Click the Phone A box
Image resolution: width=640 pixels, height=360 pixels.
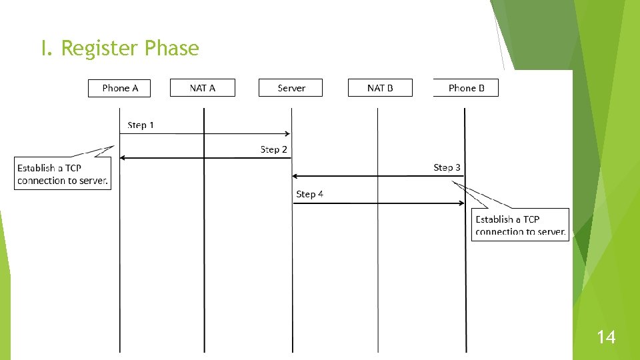(120, 88)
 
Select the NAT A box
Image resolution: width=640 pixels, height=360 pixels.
(203, 88)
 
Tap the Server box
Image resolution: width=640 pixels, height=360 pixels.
(291, 88)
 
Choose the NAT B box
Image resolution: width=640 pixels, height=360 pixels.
(380, 88)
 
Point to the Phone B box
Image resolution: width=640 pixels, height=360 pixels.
(466, 88)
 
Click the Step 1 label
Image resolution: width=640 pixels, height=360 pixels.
(141, 125)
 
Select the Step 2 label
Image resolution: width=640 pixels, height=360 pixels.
(273, 149)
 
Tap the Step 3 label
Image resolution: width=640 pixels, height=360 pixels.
(447, 167)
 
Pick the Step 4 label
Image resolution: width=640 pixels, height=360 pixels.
(309, 194)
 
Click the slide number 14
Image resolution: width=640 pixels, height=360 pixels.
(606, 338)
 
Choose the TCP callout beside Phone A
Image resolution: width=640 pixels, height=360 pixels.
(63, 174)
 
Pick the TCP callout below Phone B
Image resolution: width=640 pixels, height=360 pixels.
(521, 225)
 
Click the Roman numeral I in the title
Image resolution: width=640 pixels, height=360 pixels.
(45, 48)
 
